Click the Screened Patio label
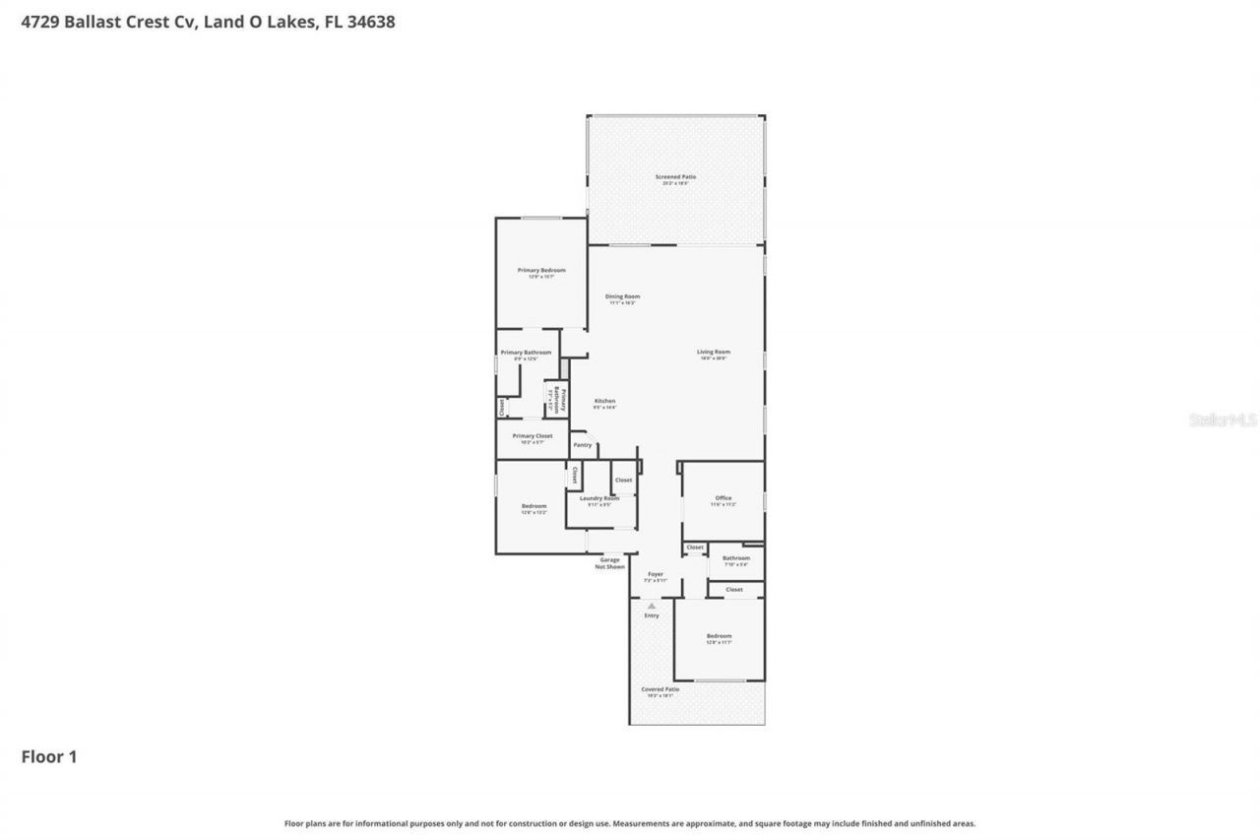coord(675,177)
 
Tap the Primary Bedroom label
coord(541,270)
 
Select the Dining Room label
coord(622,296)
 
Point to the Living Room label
coord(714,352)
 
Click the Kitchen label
coord(604,401)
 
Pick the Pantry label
coord(583,445)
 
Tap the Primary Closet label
coord(532,435)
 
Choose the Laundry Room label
coord(598,498)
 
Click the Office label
coord(723,498)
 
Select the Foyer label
coord(655,574)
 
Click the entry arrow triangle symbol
coord(651,606)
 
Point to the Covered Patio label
coord(660,689)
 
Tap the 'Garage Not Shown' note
coord(609,563)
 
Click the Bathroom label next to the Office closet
coord(736,558)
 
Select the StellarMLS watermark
coord(1223,420)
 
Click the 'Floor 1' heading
coord(49,756)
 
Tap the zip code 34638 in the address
coord(372,21)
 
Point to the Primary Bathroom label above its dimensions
coord(526,353)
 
